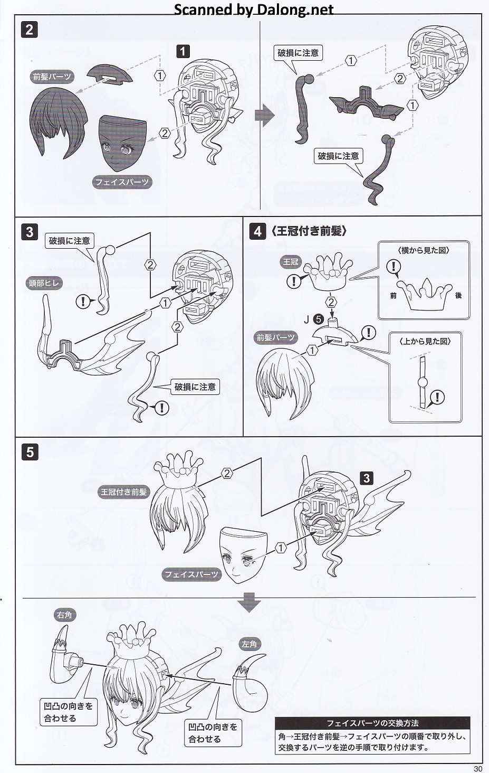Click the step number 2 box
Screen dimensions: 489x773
coord(29,30)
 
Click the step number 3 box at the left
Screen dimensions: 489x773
coord(30,232)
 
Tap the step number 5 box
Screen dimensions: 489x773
coord(30,452)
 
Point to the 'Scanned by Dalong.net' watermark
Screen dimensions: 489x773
coord(253,10)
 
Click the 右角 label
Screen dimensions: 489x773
coord(64,615)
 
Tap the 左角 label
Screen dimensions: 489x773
coord(249,644)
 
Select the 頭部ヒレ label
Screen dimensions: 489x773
coord(44,283)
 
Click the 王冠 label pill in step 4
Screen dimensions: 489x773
coord(290,261)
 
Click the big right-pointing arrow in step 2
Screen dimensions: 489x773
coord(264,115)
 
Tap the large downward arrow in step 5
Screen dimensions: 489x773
coord(249,602)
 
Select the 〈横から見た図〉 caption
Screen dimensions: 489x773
coord(424,250)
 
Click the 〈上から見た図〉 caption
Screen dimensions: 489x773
coord(425,341)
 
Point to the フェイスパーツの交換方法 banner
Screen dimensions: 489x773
coord(372,723)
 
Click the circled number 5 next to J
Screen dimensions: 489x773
coord(318,319)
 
